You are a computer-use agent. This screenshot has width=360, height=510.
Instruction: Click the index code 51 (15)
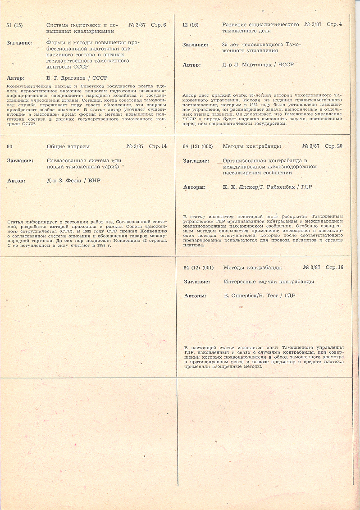tap(15, 25)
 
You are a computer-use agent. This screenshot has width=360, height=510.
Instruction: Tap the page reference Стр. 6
tap(158, 25)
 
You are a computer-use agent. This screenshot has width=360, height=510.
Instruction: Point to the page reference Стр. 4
tap(334, 24)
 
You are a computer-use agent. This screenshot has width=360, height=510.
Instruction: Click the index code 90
tap(10, 146)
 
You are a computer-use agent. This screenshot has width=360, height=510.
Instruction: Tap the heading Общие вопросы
tap(68, 146)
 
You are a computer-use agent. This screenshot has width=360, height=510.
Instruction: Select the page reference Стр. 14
tap(158, 146)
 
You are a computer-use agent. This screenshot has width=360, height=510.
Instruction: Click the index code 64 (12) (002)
tap(198, 146)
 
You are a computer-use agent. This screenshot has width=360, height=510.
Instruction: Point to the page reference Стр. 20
tap(333, 146)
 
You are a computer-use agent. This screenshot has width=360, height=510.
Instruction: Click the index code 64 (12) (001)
tap(199, 268)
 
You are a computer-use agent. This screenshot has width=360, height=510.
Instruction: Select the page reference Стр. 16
tap(334, 268)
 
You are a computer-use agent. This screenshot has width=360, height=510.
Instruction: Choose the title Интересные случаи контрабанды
tap(269, 282)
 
